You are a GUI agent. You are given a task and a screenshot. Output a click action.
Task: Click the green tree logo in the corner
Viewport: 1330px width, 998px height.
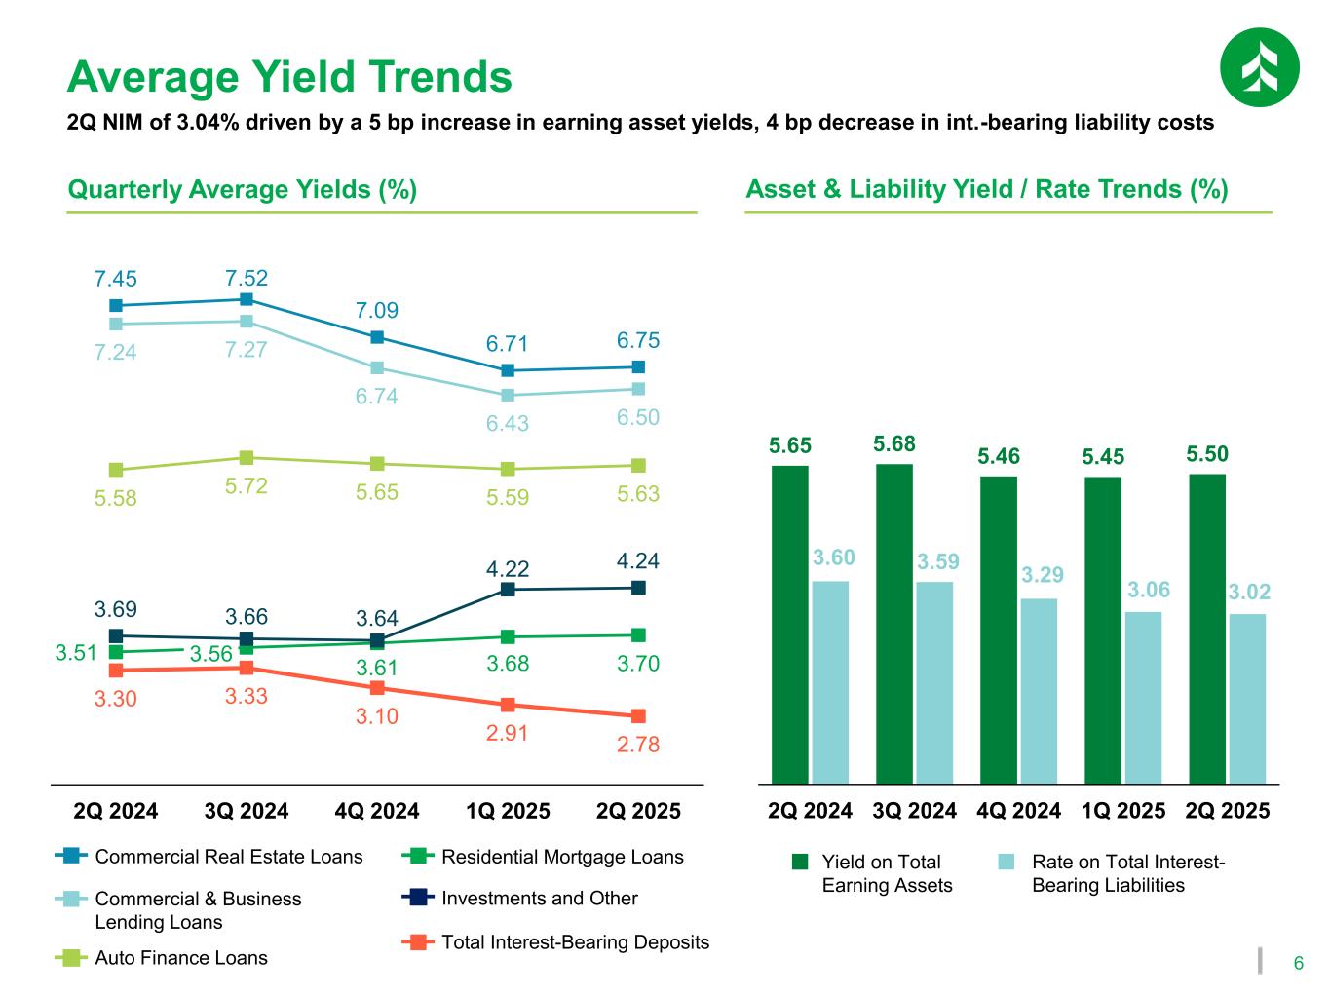(1259, 67)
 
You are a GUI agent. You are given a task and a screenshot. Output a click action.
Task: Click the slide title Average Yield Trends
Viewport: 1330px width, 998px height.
(289, 76)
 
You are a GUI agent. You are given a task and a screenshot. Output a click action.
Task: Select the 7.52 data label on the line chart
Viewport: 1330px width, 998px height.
(247, 278)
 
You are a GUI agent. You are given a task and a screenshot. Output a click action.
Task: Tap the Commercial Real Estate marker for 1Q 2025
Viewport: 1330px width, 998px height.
(508, 370)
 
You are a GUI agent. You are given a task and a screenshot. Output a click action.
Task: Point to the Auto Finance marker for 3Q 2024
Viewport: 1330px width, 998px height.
(247, 457)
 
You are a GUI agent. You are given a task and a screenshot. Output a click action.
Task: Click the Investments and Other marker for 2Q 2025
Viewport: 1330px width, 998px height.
(638, 587)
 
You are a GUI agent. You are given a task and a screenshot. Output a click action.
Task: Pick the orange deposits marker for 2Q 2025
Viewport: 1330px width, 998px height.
(638, 716)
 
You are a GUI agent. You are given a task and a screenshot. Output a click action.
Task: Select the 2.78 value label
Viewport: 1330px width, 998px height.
(638, 745)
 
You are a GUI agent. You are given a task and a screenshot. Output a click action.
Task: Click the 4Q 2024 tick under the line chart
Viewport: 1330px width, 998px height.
(376, 811)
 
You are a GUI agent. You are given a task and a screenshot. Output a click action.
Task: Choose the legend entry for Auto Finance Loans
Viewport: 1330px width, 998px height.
(180, 958)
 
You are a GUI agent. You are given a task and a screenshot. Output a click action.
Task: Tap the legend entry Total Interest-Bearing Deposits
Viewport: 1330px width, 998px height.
(575, 942)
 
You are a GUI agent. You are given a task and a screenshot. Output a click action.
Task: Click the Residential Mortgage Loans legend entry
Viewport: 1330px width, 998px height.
(562, 857)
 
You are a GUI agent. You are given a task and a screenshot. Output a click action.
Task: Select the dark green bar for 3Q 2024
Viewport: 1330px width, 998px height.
(894, 624)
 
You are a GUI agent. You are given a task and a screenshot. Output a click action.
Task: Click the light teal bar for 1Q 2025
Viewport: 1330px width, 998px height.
(1143, 697)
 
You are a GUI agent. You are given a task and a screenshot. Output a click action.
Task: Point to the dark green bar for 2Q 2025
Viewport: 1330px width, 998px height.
(1207, 629)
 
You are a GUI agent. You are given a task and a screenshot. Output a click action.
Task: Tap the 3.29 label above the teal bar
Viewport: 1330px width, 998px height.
(1042, 575)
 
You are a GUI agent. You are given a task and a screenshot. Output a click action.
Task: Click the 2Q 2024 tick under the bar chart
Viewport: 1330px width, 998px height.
(810, 811)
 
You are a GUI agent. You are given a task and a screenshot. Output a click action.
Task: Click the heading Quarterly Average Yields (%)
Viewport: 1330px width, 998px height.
(243, 189)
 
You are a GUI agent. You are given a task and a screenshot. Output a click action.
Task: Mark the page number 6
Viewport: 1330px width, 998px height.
(1298, 964)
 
